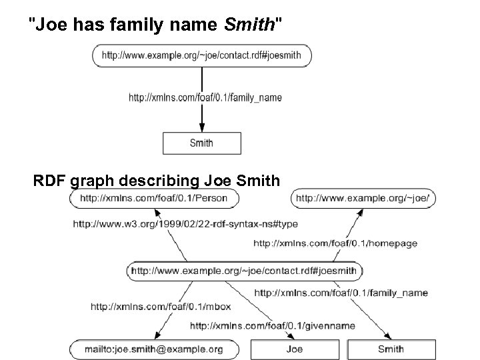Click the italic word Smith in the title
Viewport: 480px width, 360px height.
248,26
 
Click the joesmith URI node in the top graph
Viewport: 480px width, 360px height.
202,56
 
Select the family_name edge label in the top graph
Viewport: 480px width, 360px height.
205,97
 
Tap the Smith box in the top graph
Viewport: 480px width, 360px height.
201,142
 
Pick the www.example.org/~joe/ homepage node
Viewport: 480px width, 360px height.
363,198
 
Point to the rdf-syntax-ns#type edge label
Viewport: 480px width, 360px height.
185,224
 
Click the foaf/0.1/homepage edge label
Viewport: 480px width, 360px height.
335,243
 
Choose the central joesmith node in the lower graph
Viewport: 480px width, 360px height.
245,271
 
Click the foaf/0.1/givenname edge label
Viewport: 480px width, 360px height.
273,326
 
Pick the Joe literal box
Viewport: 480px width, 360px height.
294,349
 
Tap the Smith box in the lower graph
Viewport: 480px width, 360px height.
391,349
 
